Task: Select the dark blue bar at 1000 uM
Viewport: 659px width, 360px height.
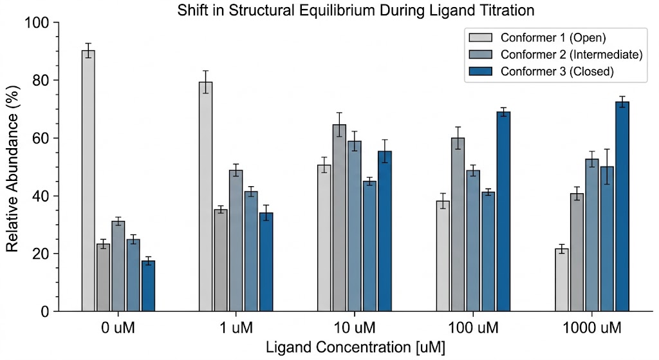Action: click(622, 206)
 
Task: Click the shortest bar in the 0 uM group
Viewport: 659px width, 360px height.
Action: click(148, 286)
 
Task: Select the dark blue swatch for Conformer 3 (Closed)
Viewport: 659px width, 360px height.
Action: click(481, 71)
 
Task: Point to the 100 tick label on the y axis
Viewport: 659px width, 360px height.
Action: click(37, 23)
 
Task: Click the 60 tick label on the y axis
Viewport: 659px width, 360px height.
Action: click(41, 138)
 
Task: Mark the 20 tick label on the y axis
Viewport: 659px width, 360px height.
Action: click(41, 254)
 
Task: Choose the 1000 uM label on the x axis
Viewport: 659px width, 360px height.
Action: click(591, 328)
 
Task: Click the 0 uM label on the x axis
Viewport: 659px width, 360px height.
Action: click(118, 328)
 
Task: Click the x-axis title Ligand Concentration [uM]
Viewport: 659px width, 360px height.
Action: click(355, 348)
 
